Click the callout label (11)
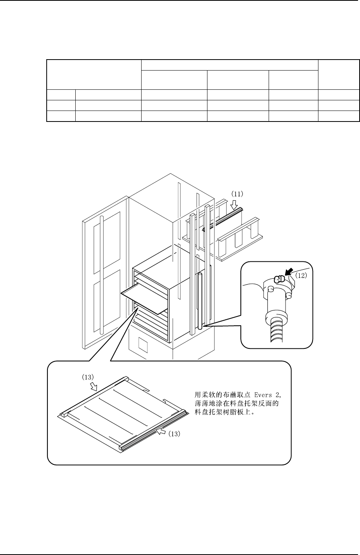237,193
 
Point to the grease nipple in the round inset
279,279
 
